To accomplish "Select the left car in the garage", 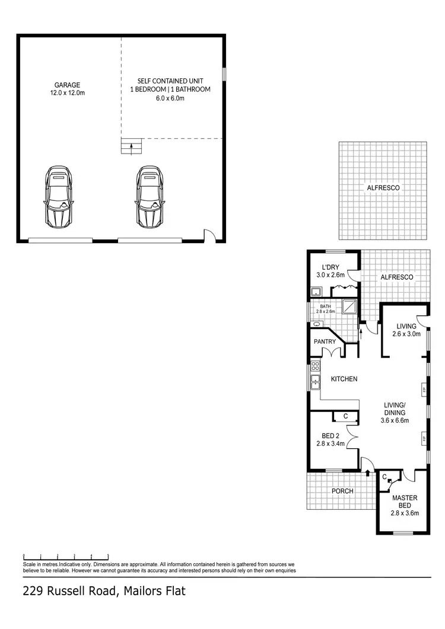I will coord(58,197).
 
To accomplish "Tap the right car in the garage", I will coord(149,197).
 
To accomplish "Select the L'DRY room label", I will coord(330,267).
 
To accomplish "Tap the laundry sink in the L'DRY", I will coord(316,291).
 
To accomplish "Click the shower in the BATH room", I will coord(349,305).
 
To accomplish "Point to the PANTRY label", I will coord(325,341).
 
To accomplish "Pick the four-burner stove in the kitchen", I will coord(315,366).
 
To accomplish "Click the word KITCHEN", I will coord(344,379).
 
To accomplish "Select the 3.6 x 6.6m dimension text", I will coord(395,421).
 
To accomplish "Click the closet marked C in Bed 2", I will coord(345,416).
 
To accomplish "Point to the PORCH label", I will coord(342,491).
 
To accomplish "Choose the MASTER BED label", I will coord(405,502).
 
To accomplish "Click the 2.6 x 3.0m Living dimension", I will coord(406,334).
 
